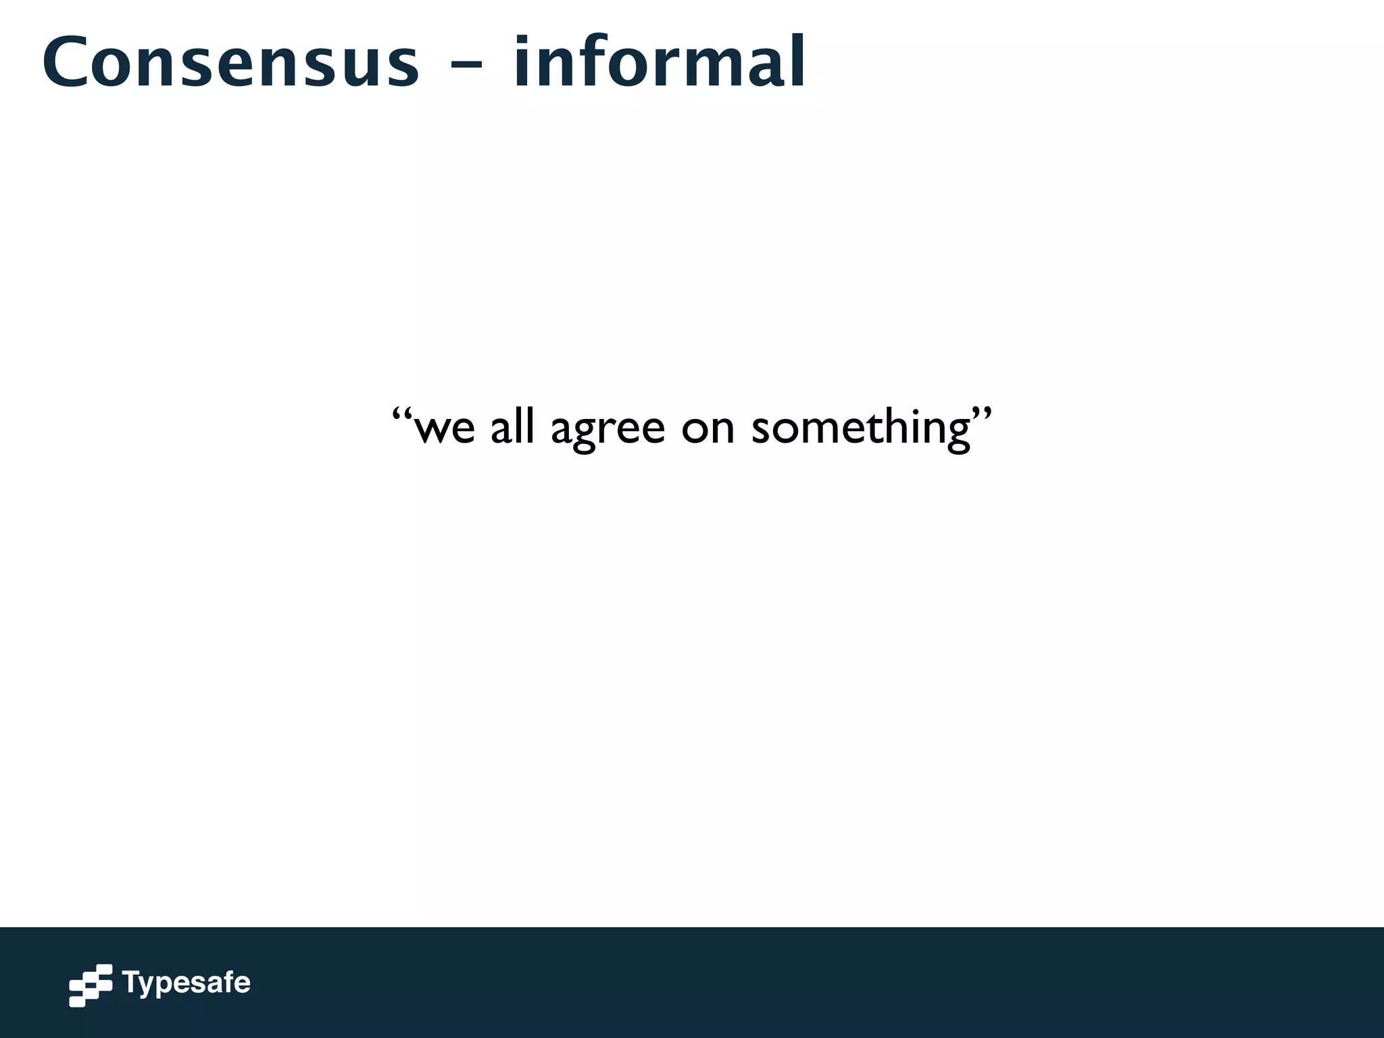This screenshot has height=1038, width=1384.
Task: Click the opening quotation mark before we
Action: pos(402,413)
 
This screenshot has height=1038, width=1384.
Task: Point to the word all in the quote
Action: pos(512,426)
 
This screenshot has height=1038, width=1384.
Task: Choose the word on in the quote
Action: pos(708,428)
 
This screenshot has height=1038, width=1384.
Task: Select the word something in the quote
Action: pos(861,428)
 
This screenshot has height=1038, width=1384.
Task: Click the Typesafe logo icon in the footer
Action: pos(91,985)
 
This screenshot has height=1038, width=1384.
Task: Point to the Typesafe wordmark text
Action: pos(186,983)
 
